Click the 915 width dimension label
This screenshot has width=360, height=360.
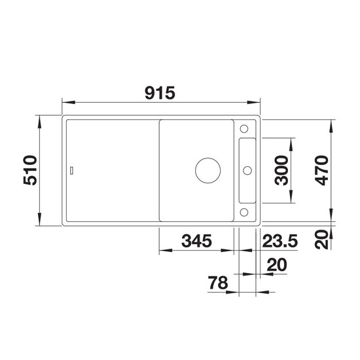coord(160,93)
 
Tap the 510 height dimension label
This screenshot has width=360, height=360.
coord(30,170)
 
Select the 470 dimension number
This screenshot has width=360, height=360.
coord(321,170)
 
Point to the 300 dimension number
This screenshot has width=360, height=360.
coord(281,170)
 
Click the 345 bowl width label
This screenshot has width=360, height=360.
coord(196,241)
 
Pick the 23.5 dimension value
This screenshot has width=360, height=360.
coord(280,241)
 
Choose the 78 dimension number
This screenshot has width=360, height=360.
coord(218,283)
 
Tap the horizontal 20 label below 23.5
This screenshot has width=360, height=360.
coord(277,264)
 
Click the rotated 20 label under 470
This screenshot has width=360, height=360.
coord(321,240)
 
